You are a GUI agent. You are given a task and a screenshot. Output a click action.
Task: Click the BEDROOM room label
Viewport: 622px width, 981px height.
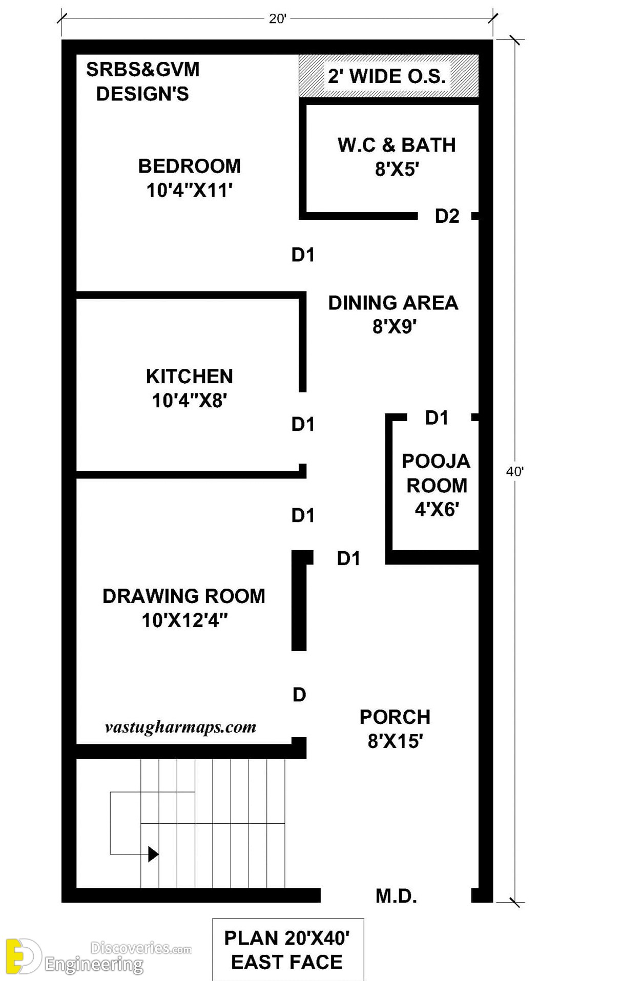189,166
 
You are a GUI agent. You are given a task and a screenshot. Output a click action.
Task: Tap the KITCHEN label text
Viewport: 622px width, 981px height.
189,377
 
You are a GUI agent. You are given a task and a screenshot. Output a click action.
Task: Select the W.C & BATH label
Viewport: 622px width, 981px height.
397,145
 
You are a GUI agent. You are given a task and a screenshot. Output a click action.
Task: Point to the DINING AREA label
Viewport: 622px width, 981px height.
393,303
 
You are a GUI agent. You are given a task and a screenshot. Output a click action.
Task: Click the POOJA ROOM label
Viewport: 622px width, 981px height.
436,473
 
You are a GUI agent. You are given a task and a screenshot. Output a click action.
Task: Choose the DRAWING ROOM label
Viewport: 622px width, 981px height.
184,596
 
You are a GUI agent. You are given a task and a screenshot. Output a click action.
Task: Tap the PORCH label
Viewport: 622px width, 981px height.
395,717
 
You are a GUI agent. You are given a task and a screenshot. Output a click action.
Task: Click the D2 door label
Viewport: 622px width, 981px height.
447,216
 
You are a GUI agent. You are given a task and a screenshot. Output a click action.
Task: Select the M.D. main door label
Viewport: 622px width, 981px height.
396,896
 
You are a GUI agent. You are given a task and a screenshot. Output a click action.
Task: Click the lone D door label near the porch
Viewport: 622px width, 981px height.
299,695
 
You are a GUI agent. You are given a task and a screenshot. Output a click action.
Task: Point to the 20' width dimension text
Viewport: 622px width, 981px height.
277,19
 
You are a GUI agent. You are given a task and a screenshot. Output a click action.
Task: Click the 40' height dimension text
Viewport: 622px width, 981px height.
514,471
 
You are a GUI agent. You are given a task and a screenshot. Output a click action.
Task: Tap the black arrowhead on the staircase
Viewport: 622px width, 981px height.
153,854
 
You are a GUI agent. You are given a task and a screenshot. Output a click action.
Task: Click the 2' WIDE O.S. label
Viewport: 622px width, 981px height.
387,76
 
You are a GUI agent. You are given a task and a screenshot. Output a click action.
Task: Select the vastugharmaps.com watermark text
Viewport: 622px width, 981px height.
180,727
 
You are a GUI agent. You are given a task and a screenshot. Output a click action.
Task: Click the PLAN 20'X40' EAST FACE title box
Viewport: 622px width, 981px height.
288,950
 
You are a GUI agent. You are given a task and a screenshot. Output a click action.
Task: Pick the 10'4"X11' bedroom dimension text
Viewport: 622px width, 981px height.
190,190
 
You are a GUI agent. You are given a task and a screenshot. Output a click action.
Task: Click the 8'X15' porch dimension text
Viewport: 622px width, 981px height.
395,741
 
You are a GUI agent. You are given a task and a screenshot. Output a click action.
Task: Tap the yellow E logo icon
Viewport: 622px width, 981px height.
23,956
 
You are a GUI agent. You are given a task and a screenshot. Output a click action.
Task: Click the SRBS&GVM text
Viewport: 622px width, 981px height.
143,70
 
